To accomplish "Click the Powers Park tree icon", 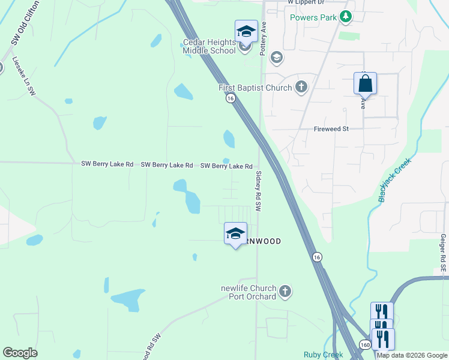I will pos(345,17).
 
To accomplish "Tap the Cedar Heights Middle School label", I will pos(209,47).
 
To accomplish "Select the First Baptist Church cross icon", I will pos(301,88).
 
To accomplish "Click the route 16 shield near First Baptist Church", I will pos(230,99).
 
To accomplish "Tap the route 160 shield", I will pos(365,344).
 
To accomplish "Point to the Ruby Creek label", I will pos(323,355).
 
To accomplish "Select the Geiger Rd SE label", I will pos(443,253).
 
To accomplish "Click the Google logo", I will pos(20,353).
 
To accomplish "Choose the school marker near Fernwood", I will pos(235,233).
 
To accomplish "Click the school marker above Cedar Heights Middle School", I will pos(246,31).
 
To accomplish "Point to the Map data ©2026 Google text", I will pos(412,355).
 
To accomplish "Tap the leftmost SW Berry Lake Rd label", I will pos(107,164).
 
